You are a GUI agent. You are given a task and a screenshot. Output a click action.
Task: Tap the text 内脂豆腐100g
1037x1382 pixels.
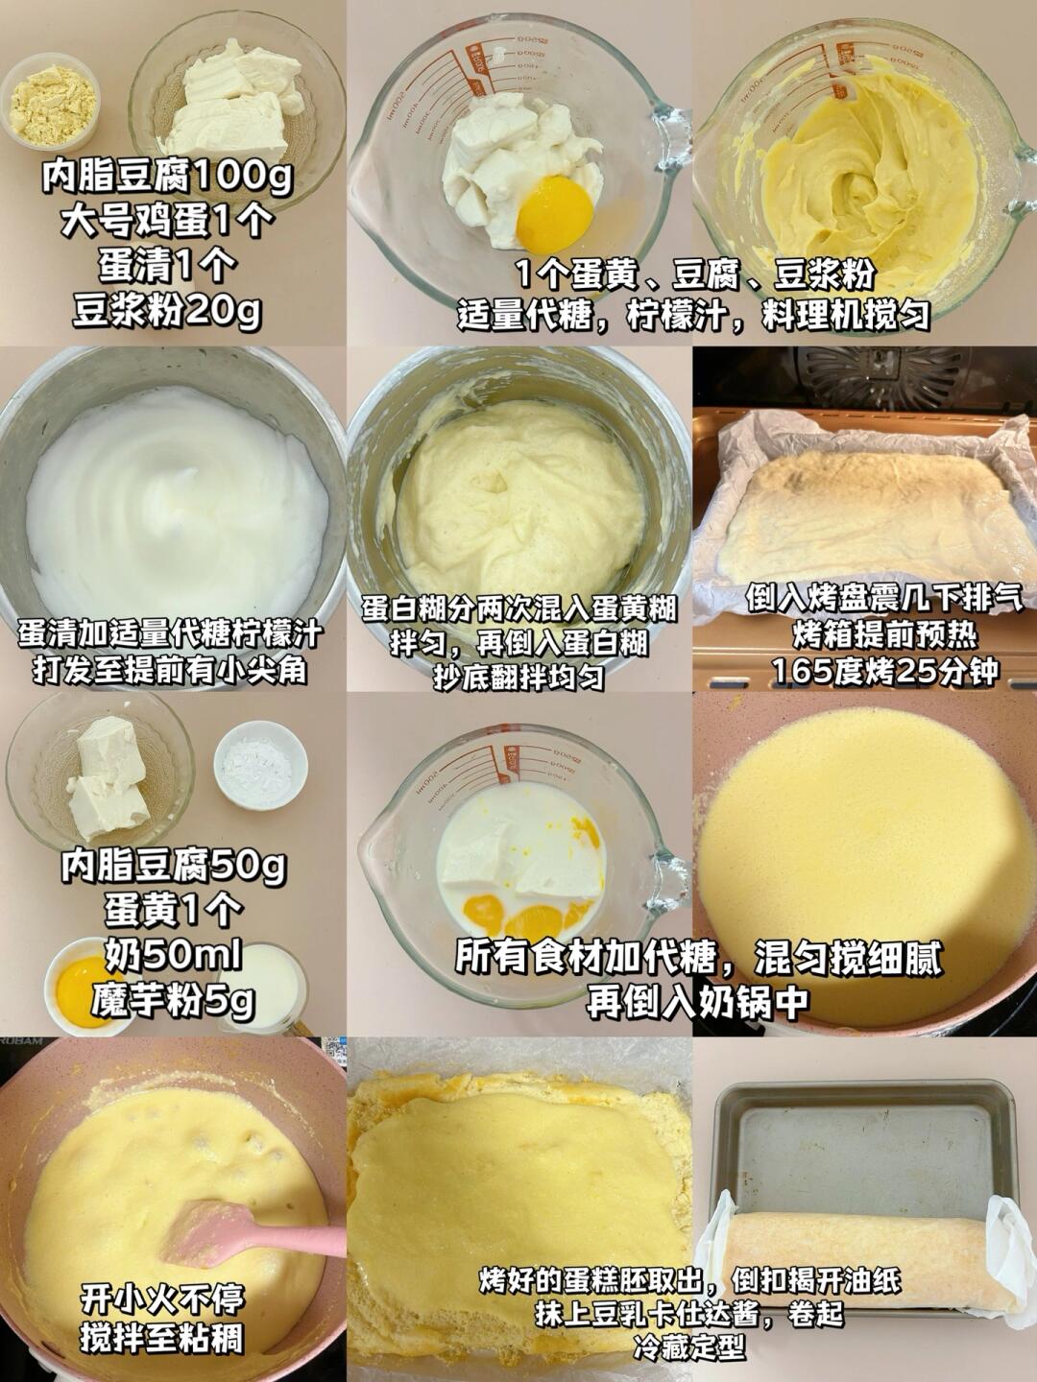pyautogui.click(x=167, y=177)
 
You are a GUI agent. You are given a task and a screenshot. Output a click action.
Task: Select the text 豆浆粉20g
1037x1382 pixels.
pyautogui.click(x=167, y=310)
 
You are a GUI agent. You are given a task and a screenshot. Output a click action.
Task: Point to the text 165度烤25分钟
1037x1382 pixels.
pyautogui.click(x=884, y=671)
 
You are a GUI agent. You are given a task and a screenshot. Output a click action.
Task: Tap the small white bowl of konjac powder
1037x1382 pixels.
pyautogui.click(x=260, y=764)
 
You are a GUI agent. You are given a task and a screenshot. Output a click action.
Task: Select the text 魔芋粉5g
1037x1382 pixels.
pyautogui.click(x=173, y=1000)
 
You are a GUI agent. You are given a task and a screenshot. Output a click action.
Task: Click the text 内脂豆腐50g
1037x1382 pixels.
pyautogui.click(x=173, y=867)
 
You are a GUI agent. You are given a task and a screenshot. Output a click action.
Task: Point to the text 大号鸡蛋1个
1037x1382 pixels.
pyautogui.click(x=167, y=221)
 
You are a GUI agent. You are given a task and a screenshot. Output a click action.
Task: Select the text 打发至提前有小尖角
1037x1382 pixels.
pyautogui.click(x=170, y=671)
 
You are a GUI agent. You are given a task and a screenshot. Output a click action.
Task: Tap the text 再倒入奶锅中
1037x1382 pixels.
pyautogui.click(x=697, y=1000)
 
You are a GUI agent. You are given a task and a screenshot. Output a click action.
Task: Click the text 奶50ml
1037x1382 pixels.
pyautogui.click(x=173, y=956)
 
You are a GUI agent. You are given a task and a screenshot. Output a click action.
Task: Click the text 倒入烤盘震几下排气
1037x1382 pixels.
pyautogui.click(x=884, y=599)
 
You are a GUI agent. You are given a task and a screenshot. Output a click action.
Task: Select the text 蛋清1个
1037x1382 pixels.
pyautogui.click(x=167, y=266)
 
